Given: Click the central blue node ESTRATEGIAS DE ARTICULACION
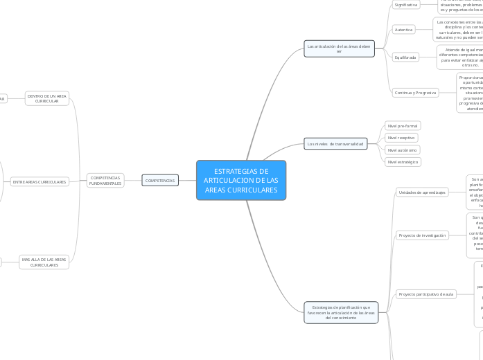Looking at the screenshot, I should pyautogui.click(x=241, y=181).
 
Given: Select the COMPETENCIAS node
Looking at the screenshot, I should pyautogui.click(x=160, y=181).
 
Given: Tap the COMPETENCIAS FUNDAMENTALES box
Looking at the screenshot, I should pyautogui.click(x=105, y=181).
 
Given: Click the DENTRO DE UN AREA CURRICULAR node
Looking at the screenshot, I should pyautogui.click(x=47, y=98).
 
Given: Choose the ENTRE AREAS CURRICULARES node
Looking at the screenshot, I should pyautogui.click(x=39, y=182).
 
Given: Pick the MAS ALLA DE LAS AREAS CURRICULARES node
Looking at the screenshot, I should pyautogui.click(x=44, y=262).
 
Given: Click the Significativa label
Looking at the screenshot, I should pyautogui.click(x=406, y=5).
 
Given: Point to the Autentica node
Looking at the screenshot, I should pyautogui.click(x=403, y=30).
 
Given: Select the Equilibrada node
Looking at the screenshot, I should pyautogui.click(x=405, y=57).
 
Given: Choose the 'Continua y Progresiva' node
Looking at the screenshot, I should pyautogui.click(x=415, y=92).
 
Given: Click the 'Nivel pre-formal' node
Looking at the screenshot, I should pyautogui.click(x=403, y=126).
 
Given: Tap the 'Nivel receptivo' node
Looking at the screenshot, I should pyautogui.click(x=401, y=138).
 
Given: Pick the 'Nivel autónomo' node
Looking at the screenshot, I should pyautogui.click(x=402, y=150).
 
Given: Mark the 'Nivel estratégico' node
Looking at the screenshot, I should pyautogui.click(x=403, y=161).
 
